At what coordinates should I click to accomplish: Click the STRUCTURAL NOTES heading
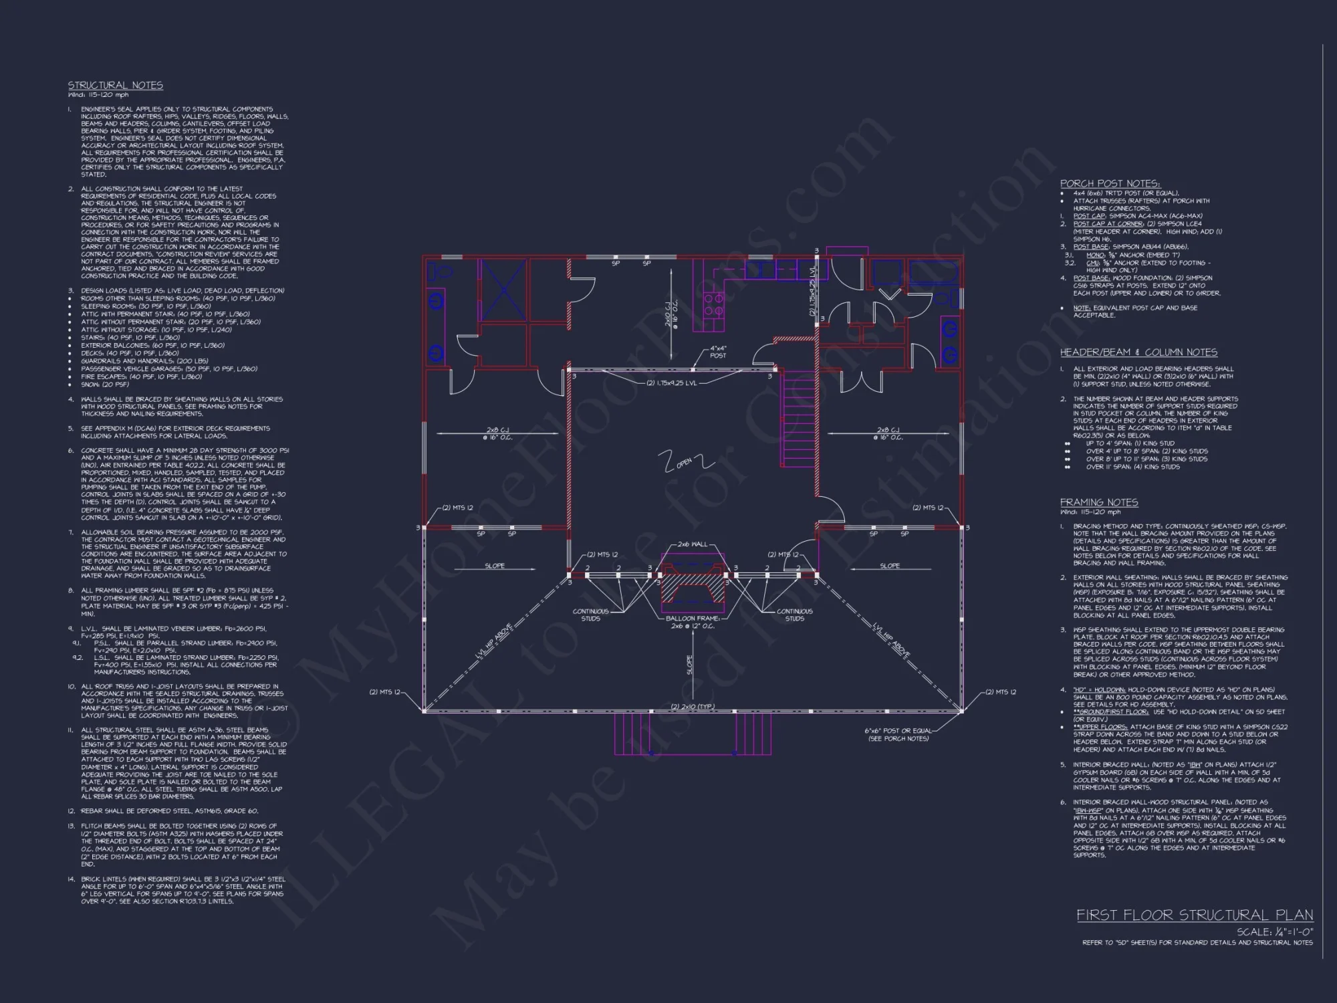click(x=115, y=86)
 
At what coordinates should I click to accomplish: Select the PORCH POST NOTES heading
click(x=1110, y=183)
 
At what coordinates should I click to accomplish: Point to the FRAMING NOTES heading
click(x=1099, y=502)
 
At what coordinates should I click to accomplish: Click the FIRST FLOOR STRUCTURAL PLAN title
click(x=1194, y=915)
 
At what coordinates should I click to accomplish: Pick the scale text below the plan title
click(x=1274, y=931)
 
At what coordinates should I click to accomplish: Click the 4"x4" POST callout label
click(x=718, y=352)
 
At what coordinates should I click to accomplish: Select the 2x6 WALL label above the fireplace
click(x=692, y=544)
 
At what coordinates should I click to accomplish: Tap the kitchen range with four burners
click(x=713, y=306)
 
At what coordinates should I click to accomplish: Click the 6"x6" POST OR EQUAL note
click(x=898, y=734)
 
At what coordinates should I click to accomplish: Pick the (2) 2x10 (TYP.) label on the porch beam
click(x=693, y=707)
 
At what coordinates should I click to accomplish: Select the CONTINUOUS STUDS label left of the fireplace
click(x=590, y=615)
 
